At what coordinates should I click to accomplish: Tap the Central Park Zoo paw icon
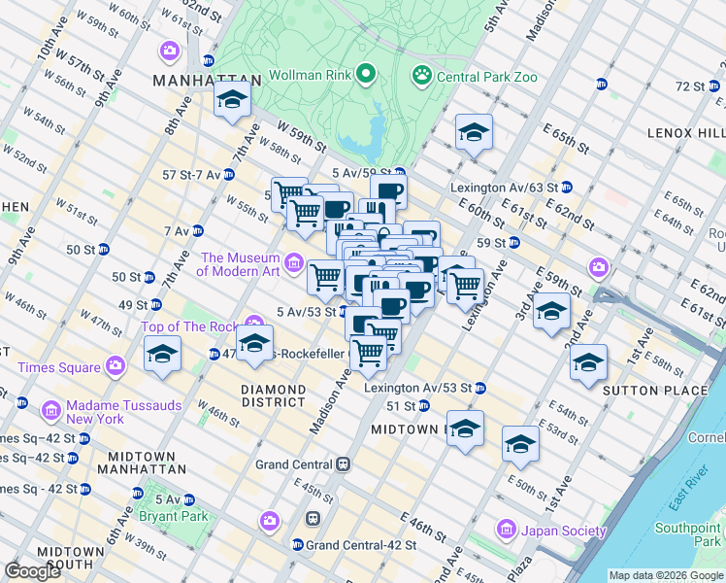pos(421,75)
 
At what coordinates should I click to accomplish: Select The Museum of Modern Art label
pos(239,264)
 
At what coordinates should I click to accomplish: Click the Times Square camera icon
pos(115,366)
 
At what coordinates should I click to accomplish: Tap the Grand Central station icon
pos(343,465)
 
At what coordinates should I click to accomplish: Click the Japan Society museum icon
pos(505,531)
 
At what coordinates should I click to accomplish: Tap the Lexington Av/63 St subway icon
pos(566,187)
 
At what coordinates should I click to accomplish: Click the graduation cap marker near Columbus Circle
pos(232,100)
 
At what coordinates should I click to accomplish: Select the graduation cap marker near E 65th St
pos(474,133)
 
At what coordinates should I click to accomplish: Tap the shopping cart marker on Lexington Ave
pos(465,286)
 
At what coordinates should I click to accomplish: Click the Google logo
pos(33,571)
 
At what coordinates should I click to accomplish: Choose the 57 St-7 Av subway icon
pos(228,175)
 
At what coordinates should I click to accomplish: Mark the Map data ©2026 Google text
pos(665,575)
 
